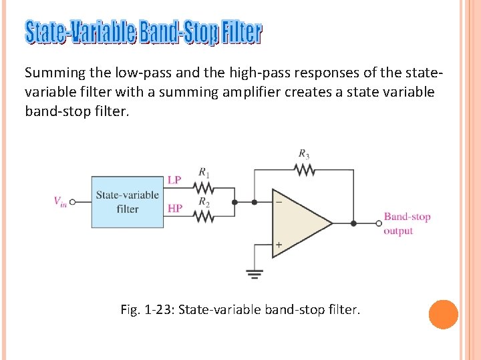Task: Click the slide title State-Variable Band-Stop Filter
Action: click(x=144, y=32)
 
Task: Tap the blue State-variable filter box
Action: click(x=127, y=201)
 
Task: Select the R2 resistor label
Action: click(x=204, y=201)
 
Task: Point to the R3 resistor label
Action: click(x=304, y=154)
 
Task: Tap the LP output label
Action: click(x=174, y=180)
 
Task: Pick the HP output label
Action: click(x=174, y=209)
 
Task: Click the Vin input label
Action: click(x=60, y=201)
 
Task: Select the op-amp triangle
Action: click(x=297, y=223)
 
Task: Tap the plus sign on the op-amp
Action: click(x=278, y=245)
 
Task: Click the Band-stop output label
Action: click(x=407, y=223)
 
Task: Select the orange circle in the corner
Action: click(x=443, y=315)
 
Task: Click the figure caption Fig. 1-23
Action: click(x=240, y=310)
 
